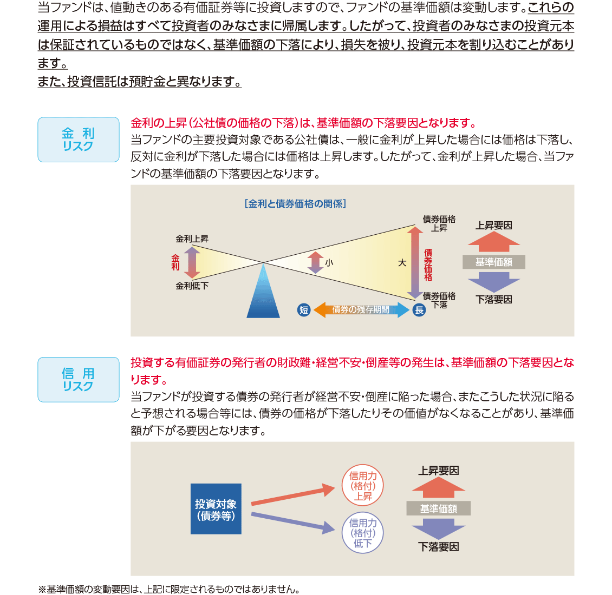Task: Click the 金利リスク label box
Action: click(x=79, y=140)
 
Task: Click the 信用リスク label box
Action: click(x=79, y=380)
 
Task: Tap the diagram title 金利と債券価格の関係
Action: click(x=295, y=204)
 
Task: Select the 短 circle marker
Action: click(x=304, y=310)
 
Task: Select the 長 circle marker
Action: click(x=419, y=310)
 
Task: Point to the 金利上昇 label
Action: click(x=192, y=239)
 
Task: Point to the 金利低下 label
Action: click(x=192, y=286)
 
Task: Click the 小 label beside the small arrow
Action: click(x=329, y=263)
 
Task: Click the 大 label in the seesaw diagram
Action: click(x=402, y=262)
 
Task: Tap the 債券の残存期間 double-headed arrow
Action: click(x=361, y=310)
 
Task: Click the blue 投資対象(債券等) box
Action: click(x=216, y=509)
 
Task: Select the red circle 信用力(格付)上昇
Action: click(x=363, y=486)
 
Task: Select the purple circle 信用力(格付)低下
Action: click(x=363, y=533)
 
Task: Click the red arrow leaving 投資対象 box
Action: click(x=292, y=497)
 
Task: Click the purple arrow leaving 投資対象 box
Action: click(x=292, y=521)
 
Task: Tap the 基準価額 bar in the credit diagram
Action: click(x=439, y=508)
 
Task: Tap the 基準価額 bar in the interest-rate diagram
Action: click(x=494, y=262)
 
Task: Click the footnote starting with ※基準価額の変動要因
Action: click(x=169, y=589)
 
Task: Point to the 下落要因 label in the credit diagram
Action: click(x=439, y=547)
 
